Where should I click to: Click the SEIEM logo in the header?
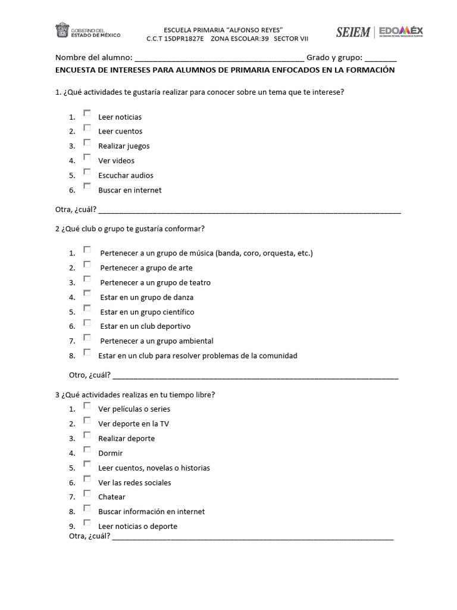tap(353, 32)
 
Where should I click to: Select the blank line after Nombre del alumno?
tap(220, 58)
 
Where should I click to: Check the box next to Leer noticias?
tap(87, 113)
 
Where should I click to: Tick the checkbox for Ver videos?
tap(87, 157)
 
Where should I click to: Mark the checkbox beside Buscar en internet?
tap(87, 186)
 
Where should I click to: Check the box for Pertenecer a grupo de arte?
tap(87, 264)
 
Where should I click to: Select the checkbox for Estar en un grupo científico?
tap(87, 308)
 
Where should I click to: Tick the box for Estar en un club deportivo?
tap(87, 323)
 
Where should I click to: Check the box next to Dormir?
tap(87, 450)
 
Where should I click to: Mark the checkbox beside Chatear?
tap(87, 493)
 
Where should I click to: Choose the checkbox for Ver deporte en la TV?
tap(87, 420)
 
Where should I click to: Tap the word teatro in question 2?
tap(199, 283)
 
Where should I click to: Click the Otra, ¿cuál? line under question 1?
tap(249, 210)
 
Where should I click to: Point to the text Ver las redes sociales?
tap(134, 483)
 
